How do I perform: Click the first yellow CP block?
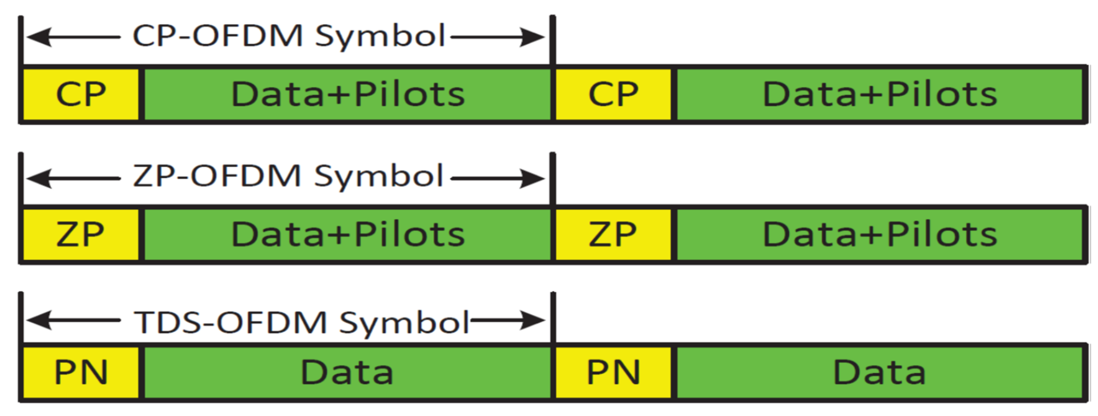click(x=81, y=94)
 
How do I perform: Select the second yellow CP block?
click(x=613, y=94)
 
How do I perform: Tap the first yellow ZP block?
click(x=81, y=234)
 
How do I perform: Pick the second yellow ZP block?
click(x=613, y=234)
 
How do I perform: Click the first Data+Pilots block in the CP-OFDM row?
click(x=347, y=94)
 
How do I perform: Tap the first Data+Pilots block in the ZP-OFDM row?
click(x=347, y=234)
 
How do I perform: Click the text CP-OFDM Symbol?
click(x=289, y=36)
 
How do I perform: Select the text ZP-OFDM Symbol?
click(x=288, y=176)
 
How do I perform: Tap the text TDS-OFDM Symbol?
click(x=302, y=323)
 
